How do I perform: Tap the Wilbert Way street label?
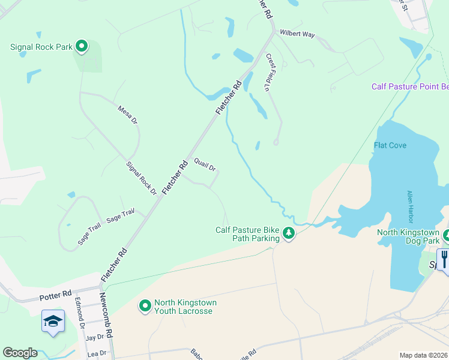pos(298,35)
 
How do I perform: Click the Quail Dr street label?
pos(205,164)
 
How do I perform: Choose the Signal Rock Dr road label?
pos(141,178)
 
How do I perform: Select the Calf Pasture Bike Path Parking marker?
pos(289,233)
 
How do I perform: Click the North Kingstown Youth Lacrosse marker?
pos(145,306)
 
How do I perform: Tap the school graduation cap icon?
pos(53,320)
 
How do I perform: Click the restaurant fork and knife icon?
pos(444,259)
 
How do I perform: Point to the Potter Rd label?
pos(55,297)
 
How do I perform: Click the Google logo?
pos(20,353)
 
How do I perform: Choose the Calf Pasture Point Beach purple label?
pos(410,87)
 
